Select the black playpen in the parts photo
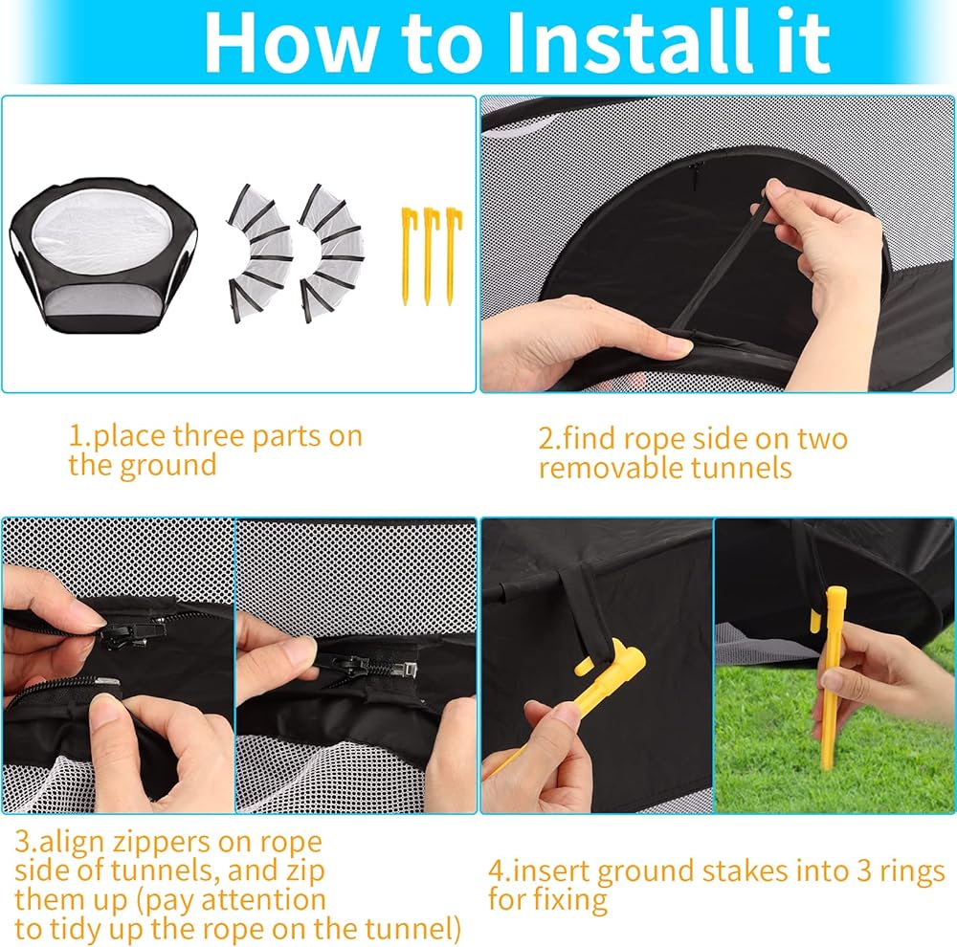click(103, 256)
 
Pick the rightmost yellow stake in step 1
click(453, 256)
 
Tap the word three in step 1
click(208, 435)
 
